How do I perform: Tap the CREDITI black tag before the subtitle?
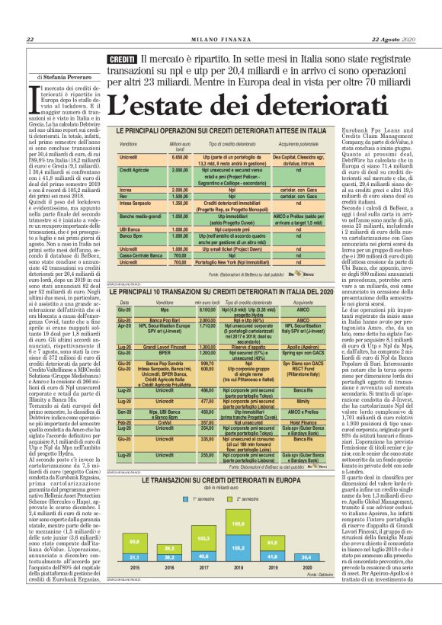tap(121, 59)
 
